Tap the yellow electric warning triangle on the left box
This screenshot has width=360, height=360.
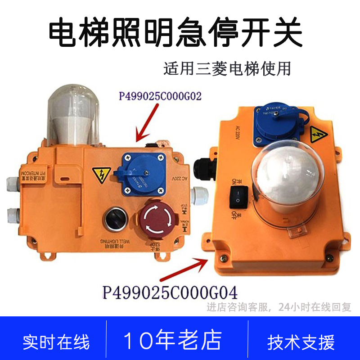tap(98, 174)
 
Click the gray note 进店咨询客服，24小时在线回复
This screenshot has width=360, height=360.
tap(279, 308)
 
